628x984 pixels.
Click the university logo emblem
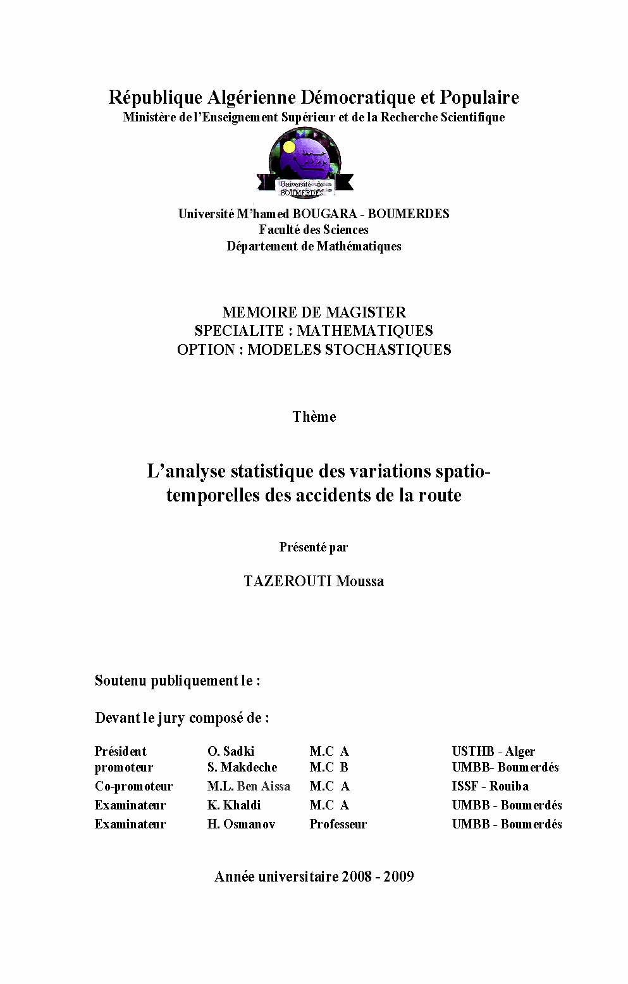coord(305,163)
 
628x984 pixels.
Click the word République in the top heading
coord(155,97)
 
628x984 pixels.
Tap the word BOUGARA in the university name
coord(324,214)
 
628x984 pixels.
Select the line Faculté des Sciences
coord(314,230)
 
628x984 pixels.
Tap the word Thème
coord(314,417)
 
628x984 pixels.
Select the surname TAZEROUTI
coord(288,581)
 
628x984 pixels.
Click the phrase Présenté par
coord(314,547)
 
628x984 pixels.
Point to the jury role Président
coord(120,751)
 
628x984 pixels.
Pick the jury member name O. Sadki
coord(231,751)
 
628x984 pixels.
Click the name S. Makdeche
coord(242,767)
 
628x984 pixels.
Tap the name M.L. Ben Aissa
coord(249,786)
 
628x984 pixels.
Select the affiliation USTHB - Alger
coord(493,751)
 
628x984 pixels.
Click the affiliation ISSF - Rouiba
coord(490,786)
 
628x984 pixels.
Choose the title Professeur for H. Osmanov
coord(338,824)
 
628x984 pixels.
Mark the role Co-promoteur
coord(133,786)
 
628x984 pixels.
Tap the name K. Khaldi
coord(234,805)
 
